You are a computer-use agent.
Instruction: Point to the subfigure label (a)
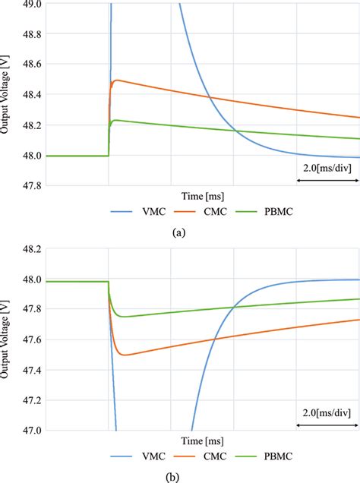[x=179, y=233]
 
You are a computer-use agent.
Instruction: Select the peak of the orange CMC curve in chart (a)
[x=116, y=80]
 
